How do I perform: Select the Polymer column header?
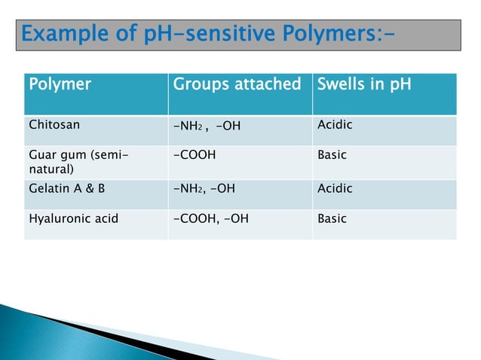click(x=60, y=84)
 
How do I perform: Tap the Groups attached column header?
click(x=237, y=84)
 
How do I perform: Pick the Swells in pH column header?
click(x=364, y=84)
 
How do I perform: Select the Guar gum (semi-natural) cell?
click(x=72, y=161)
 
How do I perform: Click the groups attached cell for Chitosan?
click(x=206, y=125)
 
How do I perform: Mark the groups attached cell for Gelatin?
click(x=204, y=188)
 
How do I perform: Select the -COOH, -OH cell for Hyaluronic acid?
click(x=210, y=219)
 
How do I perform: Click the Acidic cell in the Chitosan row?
click(x=335, y=124)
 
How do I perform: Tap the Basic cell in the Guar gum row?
click(x=332, y=155)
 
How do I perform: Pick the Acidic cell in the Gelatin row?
click(x=335, y=188)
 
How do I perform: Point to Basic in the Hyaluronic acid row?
click(x=332, y=219)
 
